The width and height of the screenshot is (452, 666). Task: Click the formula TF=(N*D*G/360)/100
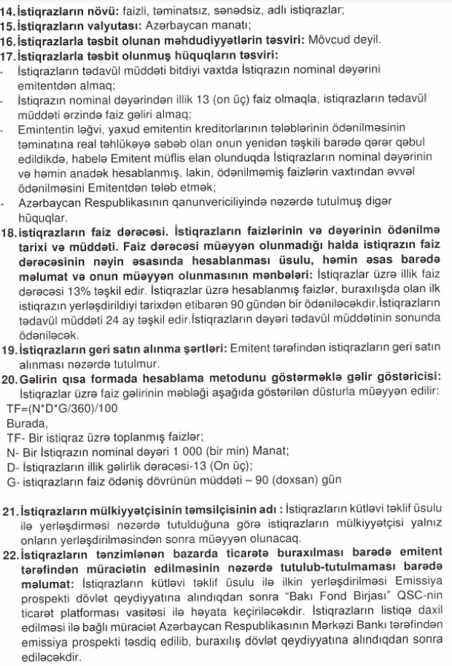click(61, 408)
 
